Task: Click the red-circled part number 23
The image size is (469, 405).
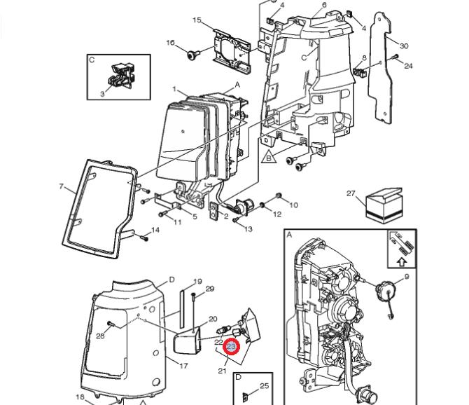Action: pos(232,346)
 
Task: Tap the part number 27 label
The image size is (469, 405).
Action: pos(351,193)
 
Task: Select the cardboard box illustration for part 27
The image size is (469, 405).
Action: pos(384,205)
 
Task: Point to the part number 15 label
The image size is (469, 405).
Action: pos(197,20)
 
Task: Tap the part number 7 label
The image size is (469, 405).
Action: pos(62,187)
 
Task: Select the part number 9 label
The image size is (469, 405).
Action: pos(406,277)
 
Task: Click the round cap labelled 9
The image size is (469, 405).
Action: pos(384,291)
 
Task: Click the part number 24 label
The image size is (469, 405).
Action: pos(409,67)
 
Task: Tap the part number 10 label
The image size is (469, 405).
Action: pos(293,205)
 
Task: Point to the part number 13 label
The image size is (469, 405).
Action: pos(248,229)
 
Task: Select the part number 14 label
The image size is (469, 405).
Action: pos(155,230)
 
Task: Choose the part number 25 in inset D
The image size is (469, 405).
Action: pos(264,385)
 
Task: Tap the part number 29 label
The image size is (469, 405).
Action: pos(209,289)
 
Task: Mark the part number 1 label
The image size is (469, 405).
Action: pos(174,90)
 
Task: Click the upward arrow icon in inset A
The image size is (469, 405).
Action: pos(402,262)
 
